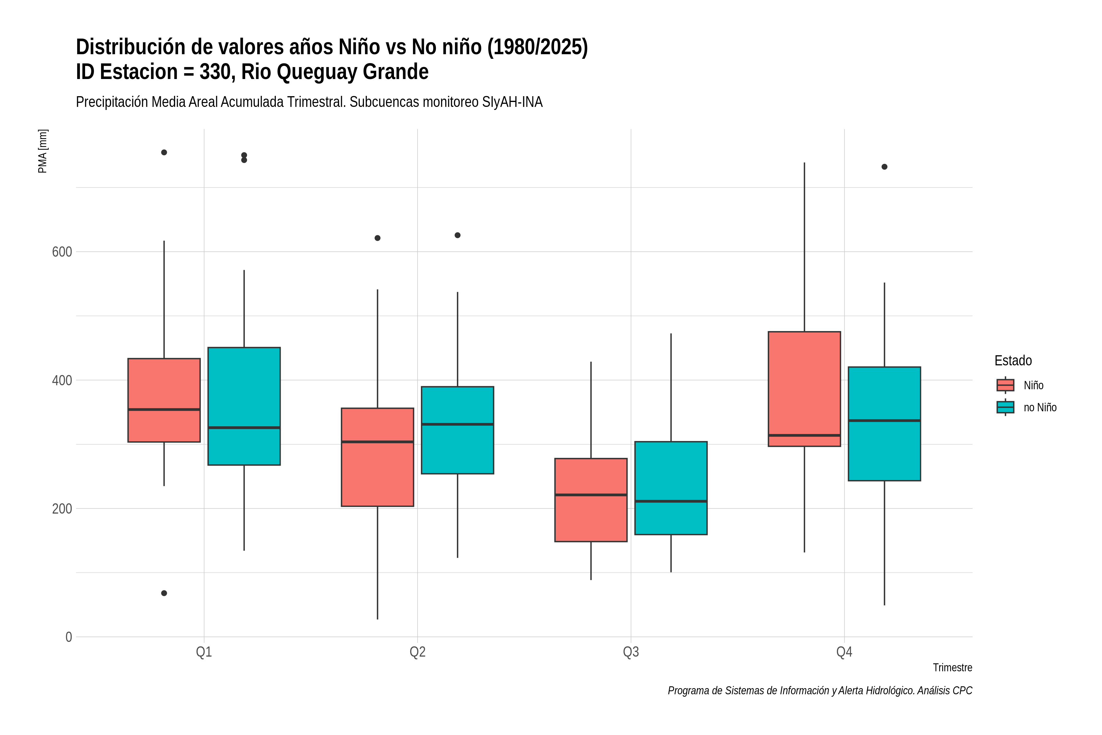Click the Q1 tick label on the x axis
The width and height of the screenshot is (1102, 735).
click(x=204, y=652)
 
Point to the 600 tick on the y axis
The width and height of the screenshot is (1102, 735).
click(x=62, y=252)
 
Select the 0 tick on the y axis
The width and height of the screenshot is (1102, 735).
click(x=69, y=637)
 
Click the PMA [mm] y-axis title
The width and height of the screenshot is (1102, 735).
click(x=43, y=151)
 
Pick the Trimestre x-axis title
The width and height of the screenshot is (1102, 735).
click(x=953, y=668)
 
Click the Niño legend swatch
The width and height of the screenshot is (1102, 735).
click(x=1006, y=385)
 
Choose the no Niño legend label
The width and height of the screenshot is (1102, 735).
click(x=1040, y=407)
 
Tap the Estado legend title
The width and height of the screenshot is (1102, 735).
click(x=1013, y=360)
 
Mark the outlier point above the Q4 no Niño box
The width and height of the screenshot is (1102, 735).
click(x=885, y=167)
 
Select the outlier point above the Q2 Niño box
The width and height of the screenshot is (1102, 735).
click(x=378, y=238)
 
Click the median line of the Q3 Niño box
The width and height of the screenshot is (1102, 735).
click(x=591, y=495)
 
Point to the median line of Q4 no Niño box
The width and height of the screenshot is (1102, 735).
click(x=885, y=420)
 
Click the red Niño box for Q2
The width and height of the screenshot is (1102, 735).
click(x=378, y=457)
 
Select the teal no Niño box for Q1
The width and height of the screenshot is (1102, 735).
click(x=244, y=406)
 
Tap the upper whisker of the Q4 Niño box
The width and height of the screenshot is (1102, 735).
click(x=804, y=247)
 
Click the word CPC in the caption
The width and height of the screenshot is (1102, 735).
click(x=963, y=691)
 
